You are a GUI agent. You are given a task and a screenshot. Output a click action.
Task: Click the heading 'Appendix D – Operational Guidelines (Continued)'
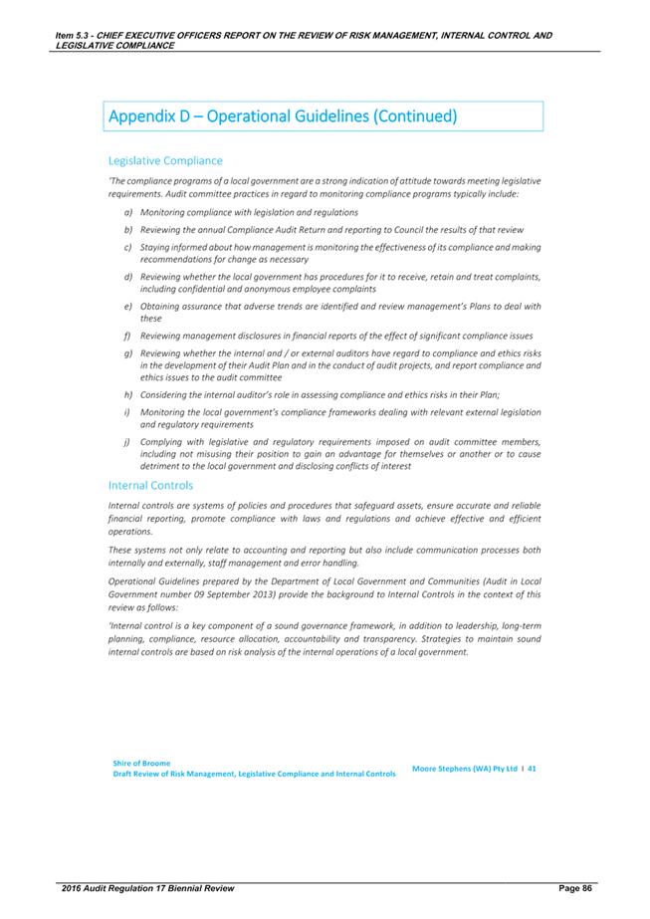click(x=282, y=116)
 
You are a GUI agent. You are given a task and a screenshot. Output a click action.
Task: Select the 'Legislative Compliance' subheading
click(x=165, y=160)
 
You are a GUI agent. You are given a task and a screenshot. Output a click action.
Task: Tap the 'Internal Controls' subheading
click(x=150, y=485)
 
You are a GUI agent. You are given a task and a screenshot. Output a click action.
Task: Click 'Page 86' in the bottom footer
click(x=569, y=886)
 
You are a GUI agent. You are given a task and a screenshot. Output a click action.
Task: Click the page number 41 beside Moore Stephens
click(x=533, y=769)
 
